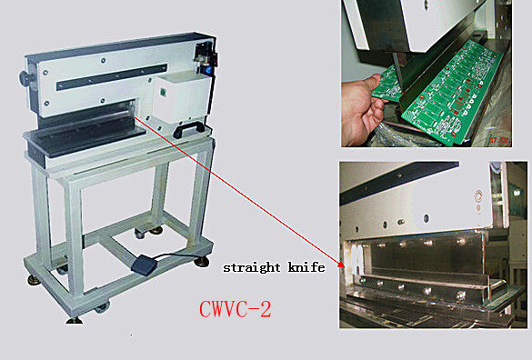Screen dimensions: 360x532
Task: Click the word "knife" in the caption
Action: click(306, 268)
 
